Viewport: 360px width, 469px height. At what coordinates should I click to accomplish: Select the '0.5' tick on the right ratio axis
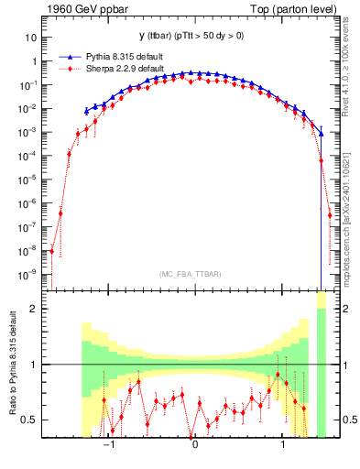click(x=347, y=420)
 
